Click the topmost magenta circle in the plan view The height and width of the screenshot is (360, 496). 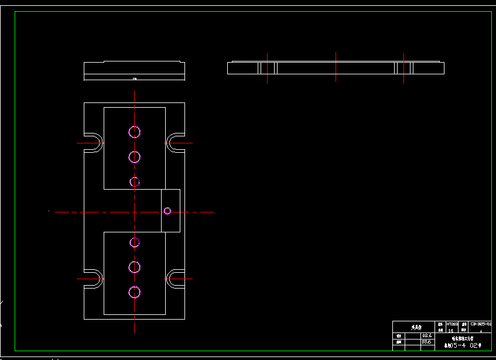click(135, 132)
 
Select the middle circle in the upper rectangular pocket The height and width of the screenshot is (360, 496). click(135, 157)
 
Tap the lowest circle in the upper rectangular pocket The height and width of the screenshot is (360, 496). click(135, 181)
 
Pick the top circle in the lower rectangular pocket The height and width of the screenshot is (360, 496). click(135, 242)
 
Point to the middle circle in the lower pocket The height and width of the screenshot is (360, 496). click(135, 267)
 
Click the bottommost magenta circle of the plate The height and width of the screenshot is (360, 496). click(135, 292)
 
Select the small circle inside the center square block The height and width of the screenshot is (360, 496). click(167, 211)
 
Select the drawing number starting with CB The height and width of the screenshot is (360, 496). click(481, 324)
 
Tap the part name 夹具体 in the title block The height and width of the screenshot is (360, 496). click(415, 328)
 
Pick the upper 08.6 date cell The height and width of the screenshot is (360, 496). click(427, 335)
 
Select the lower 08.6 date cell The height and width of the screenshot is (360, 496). click(427, 341)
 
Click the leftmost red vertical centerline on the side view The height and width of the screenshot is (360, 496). click(268, 68)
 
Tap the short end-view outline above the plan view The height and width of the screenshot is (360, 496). click(134, 70)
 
